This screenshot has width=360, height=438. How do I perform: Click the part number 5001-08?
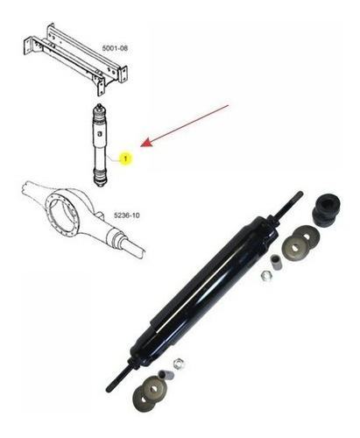coord(115,48)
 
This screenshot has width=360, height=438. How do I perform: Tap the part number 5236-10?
coord(126,215)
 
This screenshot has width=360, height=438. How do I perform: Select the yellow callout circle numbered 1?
coord(125,159)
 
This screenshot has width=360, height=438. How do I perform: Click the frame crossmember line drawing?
coord(75,59)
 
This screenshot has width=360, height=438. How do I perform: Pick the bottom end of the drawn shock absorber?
coord(100,185)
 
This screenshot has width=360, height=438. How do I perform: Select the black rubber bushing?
coord(327,209)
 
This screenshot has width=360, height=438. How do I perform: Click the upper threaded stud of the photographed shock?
coord(289,205)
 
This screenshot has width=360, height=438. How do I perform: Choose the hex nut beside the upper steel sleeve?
coord(265,275)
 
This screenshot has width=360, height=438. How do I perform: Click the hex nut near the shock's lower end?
coord(178,364)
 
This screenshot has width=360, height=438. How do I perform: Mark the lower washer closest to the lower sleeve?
coord(154,388)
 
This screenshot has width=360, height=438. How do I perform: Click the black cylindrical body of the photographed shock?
coord(204,291)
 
